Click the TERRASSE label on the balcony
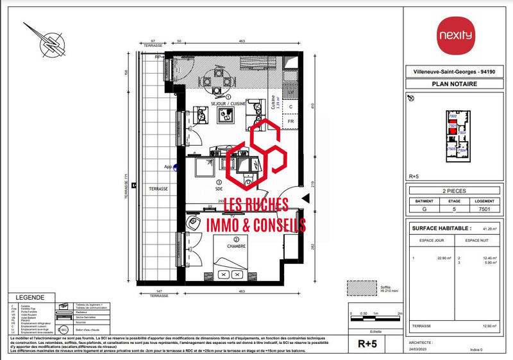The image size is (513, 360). point(158,189)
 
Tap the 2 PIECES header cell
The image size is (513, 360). point(454,191)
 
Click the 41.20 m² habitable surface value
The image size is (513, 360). point(491,228)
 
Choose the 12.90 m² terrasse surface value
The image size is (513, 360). point(491,326)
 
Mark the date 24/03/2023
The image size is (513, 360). point(420,350)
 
